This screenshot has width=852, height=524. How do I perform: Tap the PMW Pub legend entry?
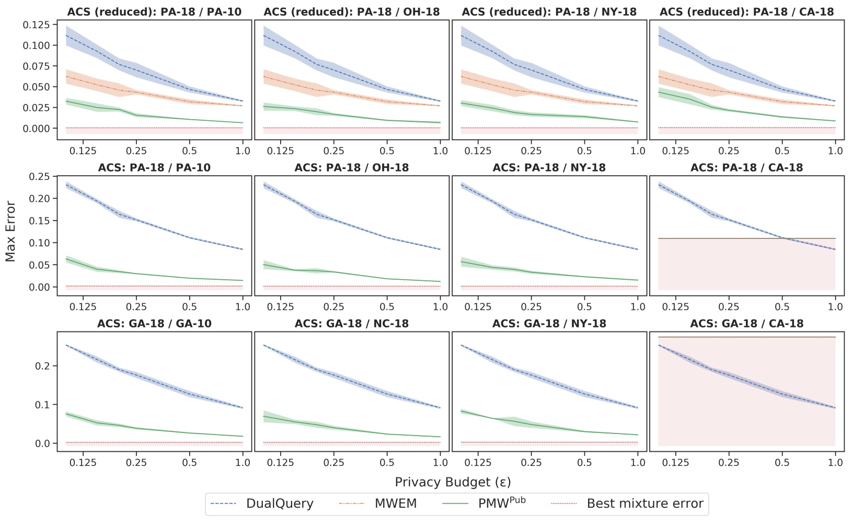501,504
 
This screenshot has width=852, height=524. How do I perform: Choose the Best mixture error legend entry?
644,504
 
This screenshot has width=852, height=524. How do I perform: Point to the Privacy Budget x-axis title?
453,482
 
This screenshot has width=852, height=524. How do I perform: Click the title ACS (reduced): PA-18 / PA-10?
154,12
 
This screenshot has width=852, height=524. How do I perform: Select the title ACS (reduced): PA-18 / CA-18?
746,12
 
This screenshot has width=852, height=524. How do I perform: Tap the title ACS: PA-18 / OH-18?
351,168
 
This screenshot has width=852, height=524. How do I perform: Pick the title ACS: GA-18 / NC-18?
351,324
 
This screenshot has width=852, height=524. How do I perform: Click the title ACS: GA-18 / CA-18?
746,324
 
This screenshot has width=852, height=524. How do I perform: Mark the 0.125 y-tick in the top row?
37,25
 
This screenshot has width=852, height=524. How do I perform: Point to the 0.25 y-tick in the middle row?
40,177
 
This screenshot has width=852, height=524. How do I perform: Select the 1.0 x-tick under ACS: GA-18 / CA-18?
835,462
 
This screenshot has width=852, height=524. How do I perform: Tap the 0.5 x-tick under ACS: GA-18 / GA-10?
189,462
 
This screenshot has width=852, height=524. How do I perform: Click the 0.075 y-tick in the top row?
37,66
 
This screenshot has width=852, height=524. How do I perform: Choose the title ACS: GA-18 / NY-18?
549,324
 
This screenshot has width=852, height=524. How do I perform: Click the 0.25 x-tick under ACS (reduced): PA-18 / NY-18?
532,151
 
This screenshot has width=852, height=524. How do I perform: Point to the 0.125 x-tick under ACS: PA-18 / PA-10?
83,306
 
